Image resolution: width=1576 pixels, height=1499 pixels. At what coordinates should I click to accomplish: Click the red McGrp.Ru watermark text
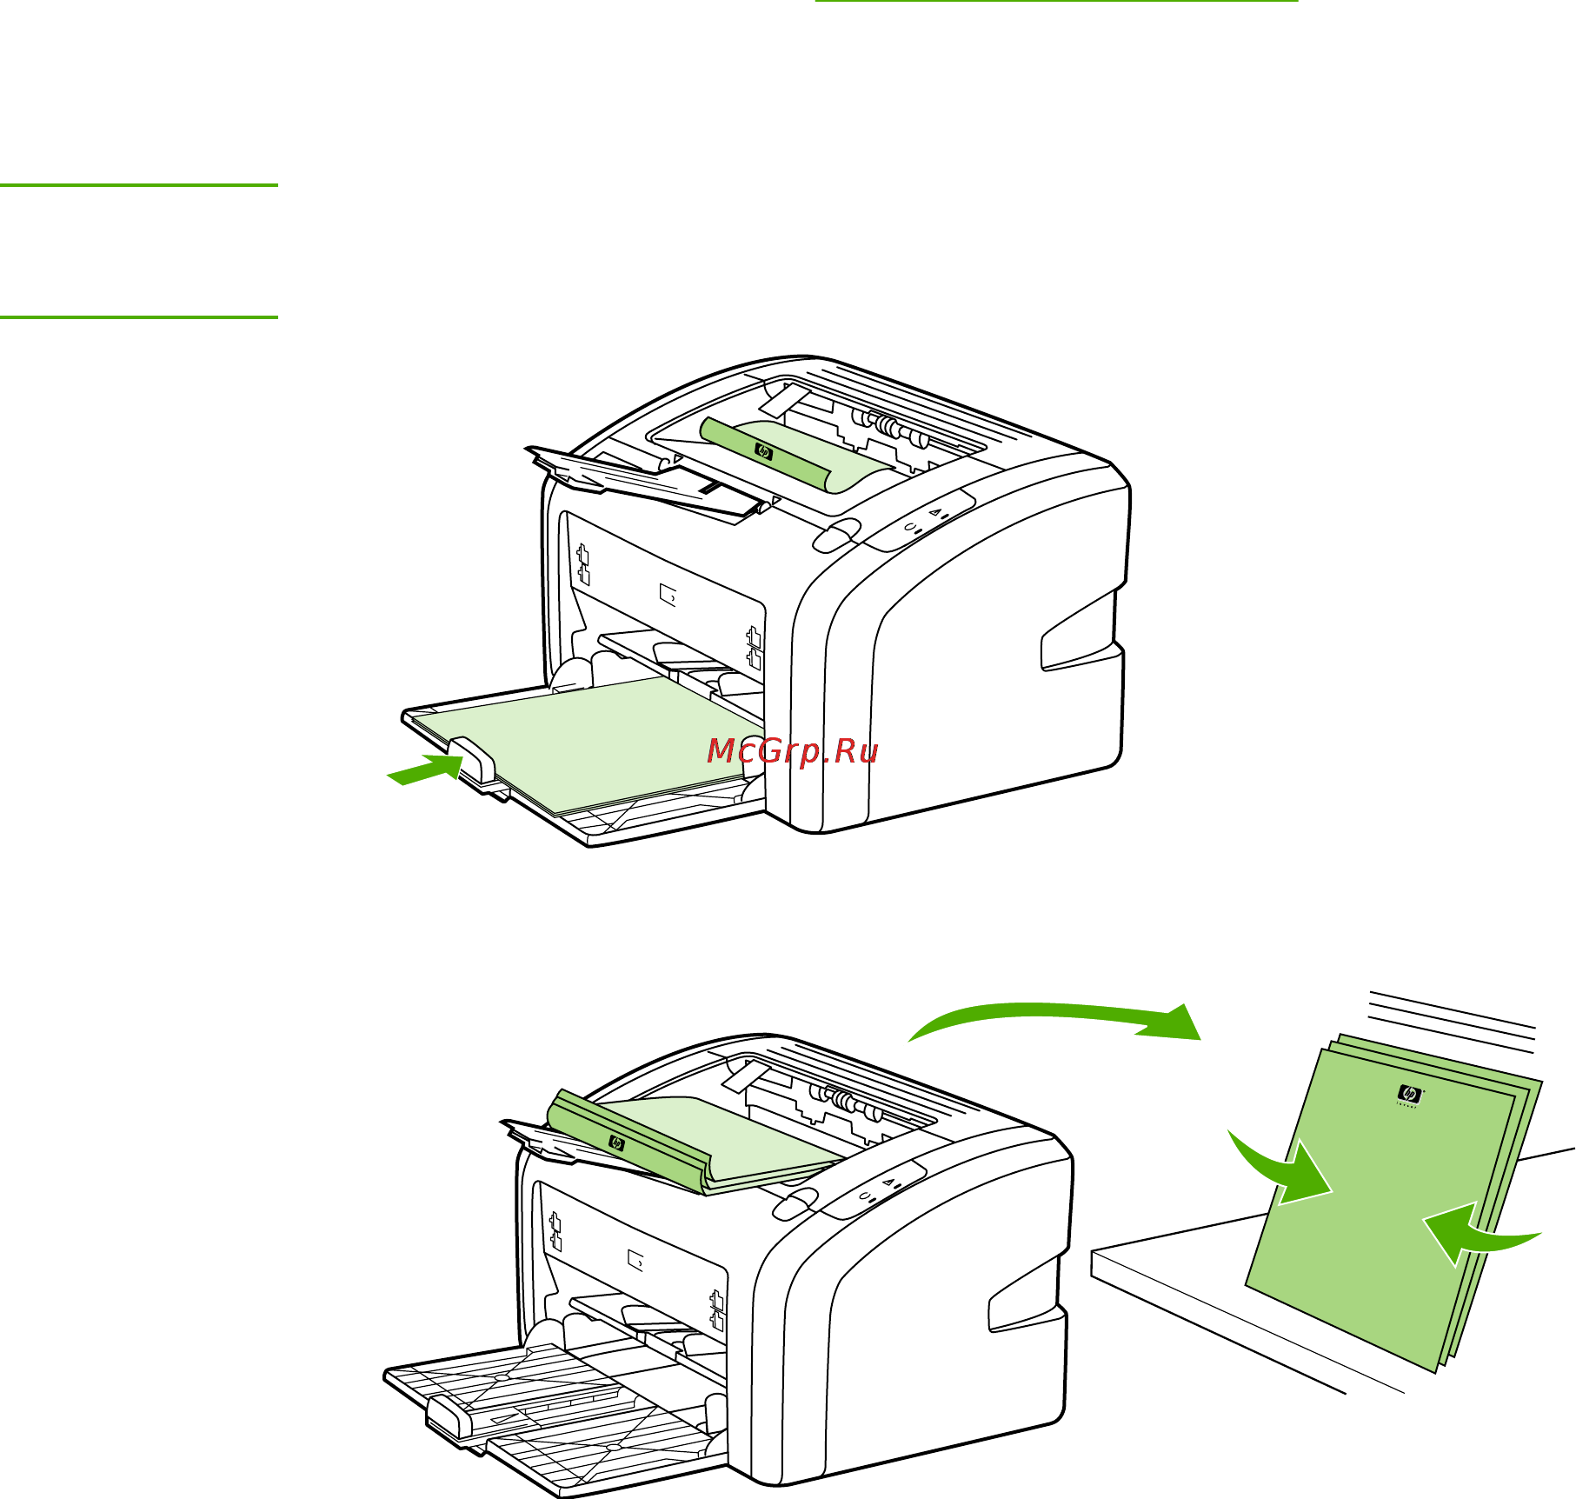793,751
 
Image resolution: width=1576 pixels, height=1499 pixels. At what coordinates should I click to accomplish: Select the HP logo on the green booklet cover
1409,1095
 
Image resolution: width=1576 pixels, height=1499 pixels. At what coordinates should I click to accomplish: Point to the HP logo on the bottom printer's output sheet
616,1143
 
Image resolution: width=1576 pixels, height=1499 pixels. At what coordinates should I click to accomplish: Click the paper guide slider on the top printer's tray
474,757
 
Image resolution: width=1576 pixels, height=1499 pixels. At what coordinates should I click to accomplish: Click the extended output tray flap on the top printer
643,483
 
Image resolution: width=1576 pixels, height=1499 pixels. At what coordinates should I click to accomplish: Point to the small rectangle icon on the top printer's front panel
668,596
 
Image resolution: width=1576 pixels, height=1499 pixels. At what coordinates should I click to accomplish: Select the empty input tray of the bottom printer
556,1409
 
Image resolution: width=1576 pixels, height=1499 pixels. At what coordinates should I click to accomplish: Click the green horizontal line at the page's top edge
1056,2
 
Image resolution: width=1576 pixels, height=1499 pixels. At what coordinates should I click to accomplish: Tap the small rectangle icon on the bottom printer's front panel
636,1259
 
